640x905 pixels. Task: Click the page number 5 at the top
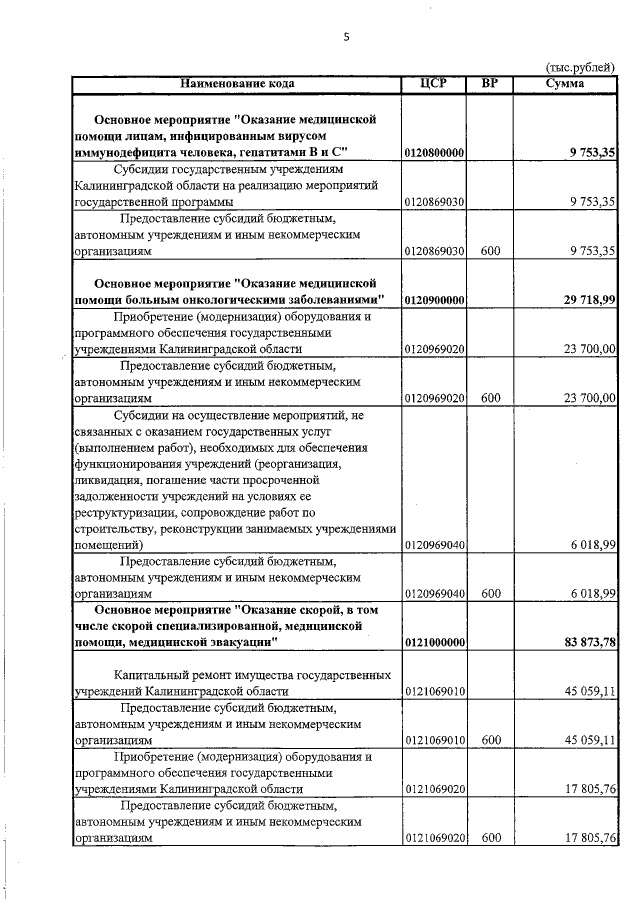pos(345,38)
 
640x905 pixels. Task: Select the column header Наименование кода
pos(236,82)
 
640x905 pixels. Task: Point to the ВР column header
pos(489,82)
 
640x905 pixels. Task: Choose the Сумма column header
pos(565,82)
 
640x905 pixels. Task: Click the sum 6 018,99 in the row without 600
pos(590,546)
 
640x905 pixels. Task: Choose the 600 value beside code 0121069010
pos(489,740)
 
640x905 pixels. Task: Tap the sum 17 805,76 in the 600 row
pos(588,838)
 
